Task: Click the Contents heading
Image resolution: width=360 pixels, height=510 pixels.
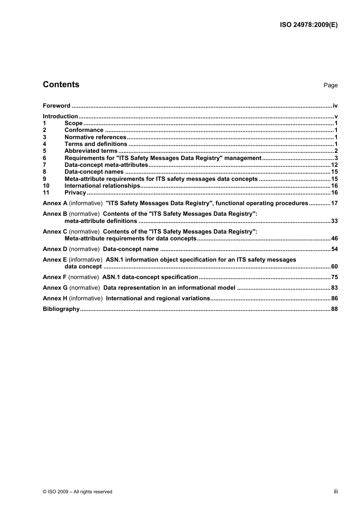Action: pos(61,85)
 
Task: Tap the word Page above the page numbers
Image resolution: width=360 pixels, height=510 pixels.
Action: pos(330,85)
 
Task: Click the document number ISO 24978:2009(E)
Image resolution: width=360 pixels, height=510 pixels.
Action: pos(308,25)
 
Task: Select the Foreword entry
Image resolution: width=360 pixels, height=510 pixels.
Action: pos(56,106)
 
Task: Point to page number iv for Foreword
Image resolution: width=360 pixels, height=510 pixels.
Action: pos(335,106)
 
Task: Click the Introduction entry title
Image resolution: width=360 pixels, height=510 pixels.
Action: pos(60,116)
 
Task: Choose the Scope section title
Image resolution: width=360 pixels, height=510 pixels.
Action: pos(74,123)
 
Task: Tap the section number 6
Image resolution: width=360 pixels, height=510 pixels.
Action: pos(44,158)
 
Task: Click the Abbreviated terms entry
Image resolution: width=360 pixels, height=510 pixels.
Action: pos(91,151)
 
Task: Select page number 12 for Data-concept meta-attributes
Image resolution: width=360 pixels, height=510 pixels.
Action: pos(334,165)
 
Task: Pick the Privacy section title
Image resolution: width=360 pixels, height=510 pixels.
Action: pos(75,193)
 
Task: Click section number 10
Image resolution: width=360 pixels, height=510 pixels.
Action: pos(46,186)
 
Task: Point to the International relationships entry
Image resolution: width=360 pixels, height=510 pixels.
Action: pos(102,186)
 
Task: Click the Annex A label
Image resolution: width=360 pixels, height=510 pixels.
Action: pos(55,203)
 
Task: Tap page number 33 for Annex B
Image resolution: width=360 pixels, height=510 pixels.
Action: pos(334,221)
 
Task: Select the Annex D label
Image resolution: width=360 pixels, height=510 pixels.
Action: pos(55,249)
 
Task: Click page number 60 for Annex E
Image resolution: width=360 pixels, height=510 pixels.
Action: pos(334,267)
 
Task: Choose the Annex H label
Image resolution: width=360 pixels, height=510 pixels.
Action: pos(55,298)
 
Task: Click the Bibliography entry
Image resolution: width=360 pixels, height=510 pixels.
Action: pos(61,309)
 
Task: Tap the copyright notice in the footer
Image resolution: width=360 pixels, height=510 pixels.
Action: pos(77,492)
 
